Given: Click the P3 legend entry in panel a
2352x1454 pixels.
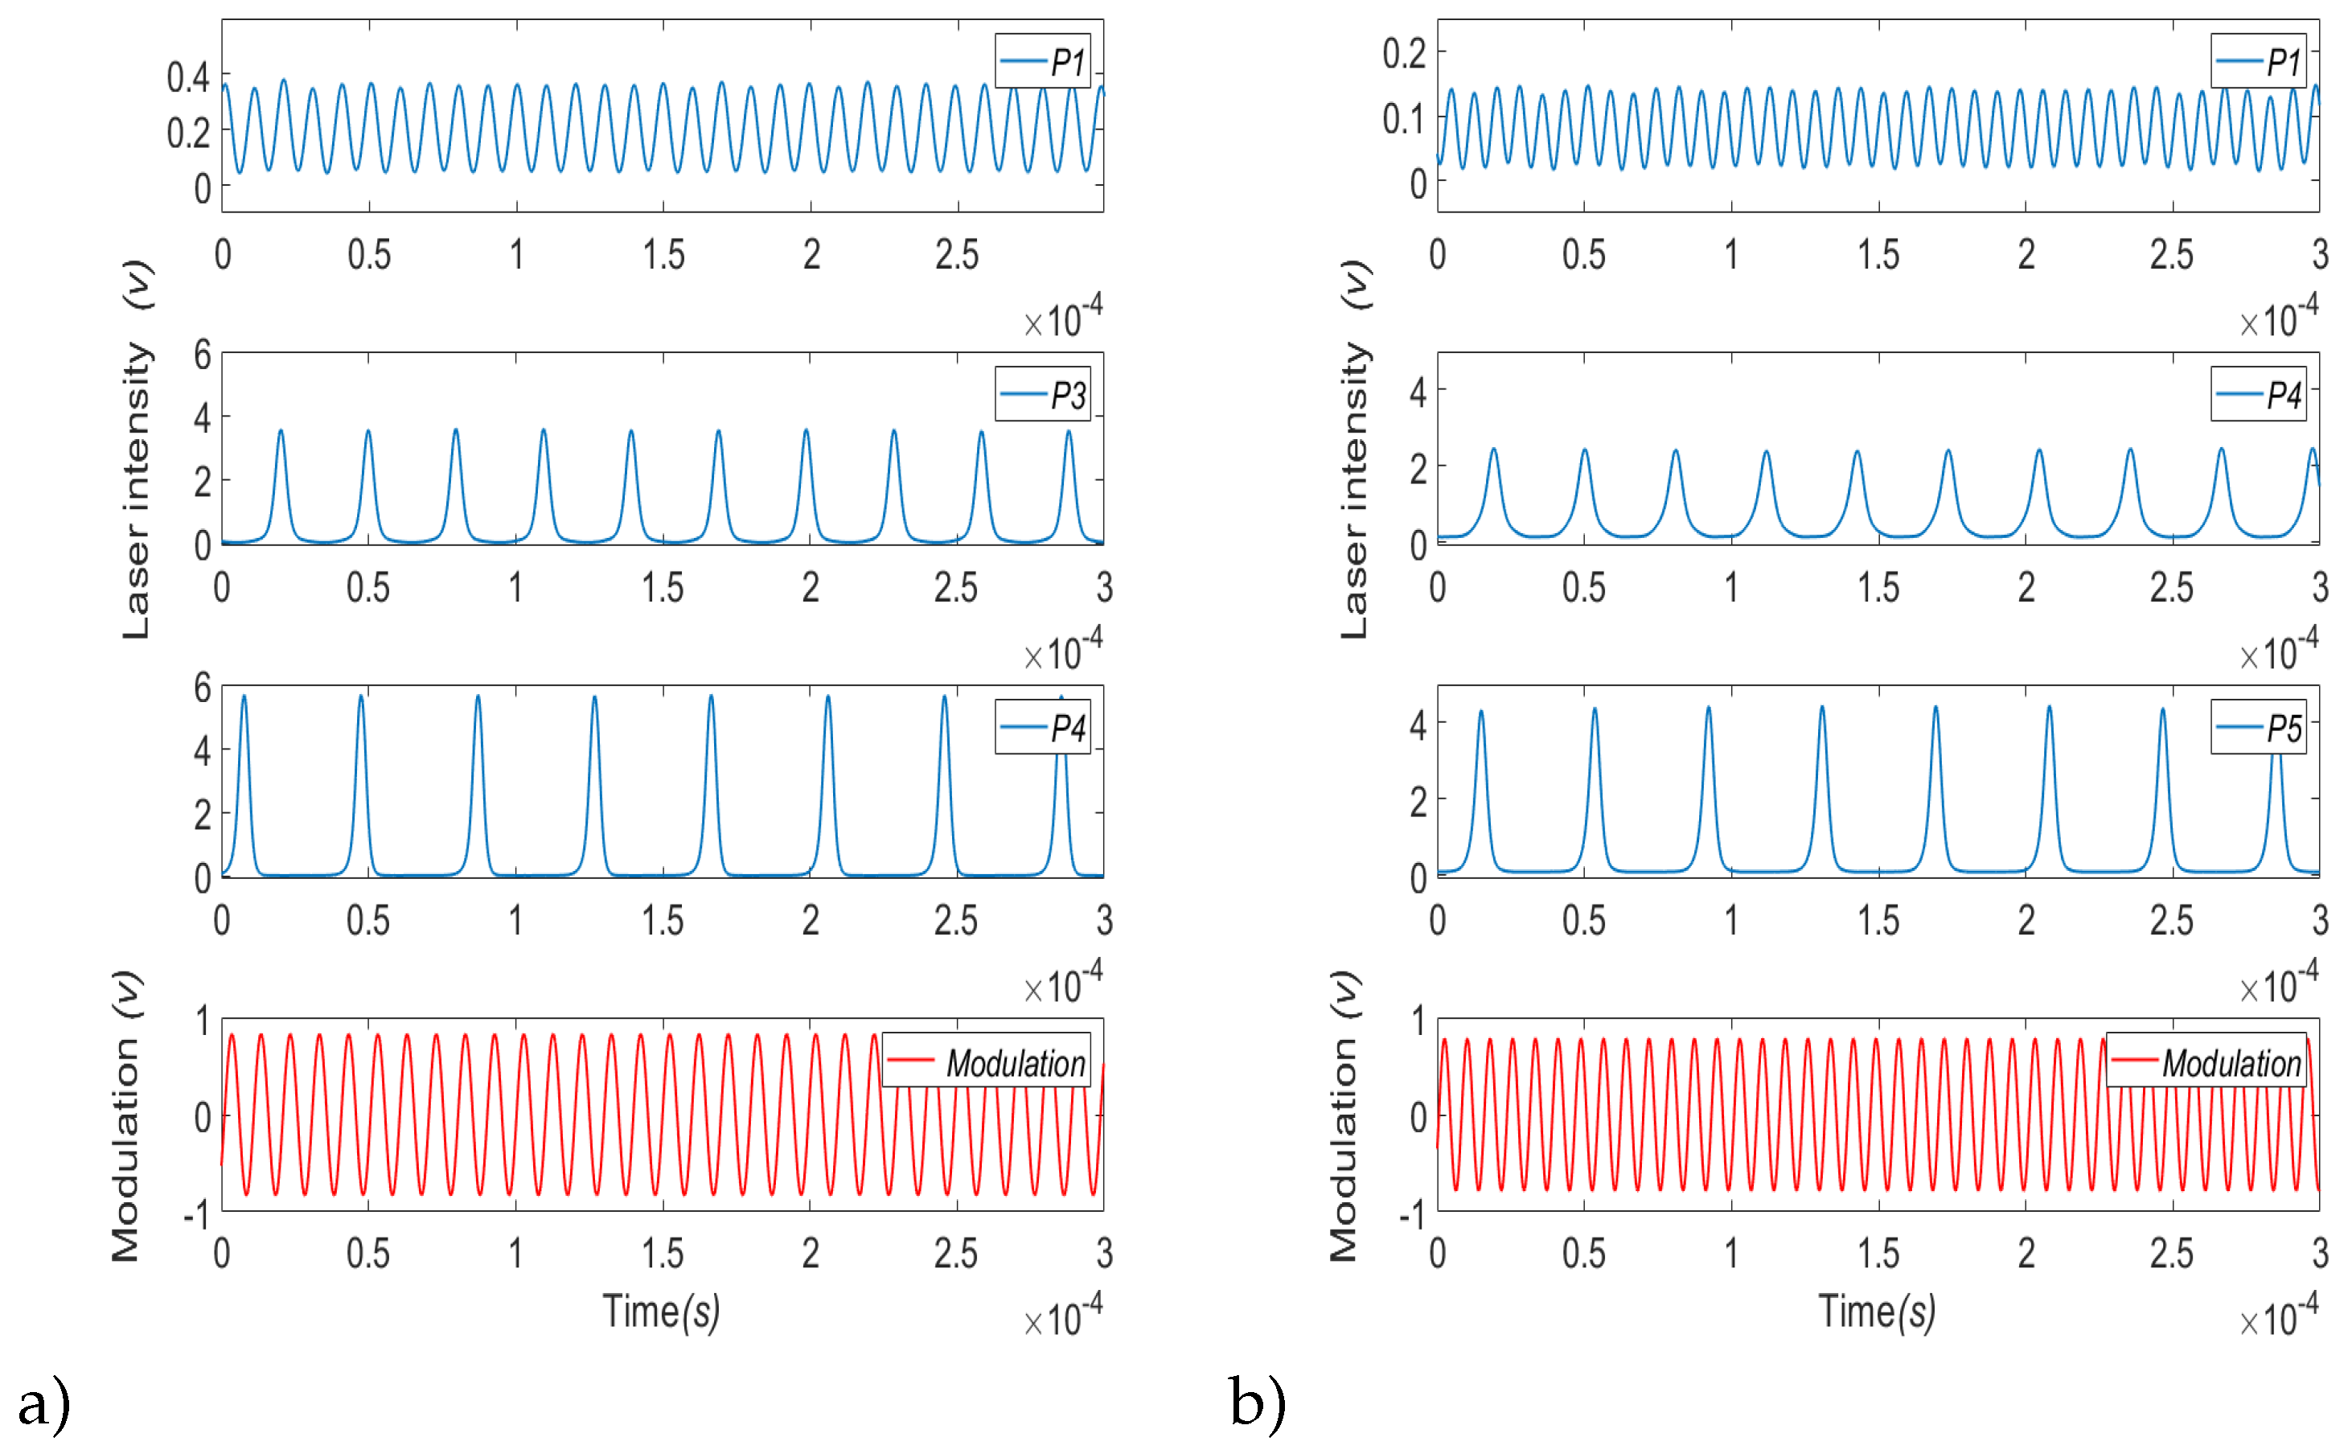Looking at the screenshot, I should coord(1042,394).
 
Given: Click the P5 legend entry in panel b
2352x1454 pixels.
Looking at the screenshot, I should coord(2258,728).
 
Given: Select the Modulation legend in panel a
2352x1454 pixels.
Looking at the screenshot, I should coord(987,1062).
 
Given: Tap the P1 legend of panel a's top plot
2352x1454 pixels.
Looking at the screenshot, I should coord(1042,62).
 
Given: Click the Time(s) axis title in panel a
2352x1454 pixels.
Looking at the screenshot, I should coord(662,1312).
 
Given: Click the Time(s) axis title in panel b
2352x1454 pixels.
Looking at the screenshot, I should coord(1876,1312).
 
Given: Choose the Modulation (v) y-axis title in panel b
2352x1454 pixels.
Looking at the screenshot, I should coord(1344,1115).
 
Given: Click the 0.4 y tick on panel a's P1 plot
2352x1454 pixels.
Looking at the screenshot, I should coord(187,77).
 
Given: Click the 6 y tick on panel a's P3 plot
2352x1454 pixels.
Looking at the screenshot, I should coord(202,355).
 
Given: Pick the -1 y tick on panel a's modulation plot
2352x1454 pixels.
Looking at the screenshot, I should coord(196,1215).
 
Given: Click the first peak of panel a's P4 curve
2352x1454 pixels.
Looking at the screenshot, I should coord(244,696).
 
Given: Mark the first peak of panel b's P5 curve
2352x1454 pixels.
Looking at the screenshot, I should coord(1481,712).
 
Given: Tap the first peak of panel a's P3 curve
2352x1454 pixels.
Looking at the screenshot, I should coord(281,431).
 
